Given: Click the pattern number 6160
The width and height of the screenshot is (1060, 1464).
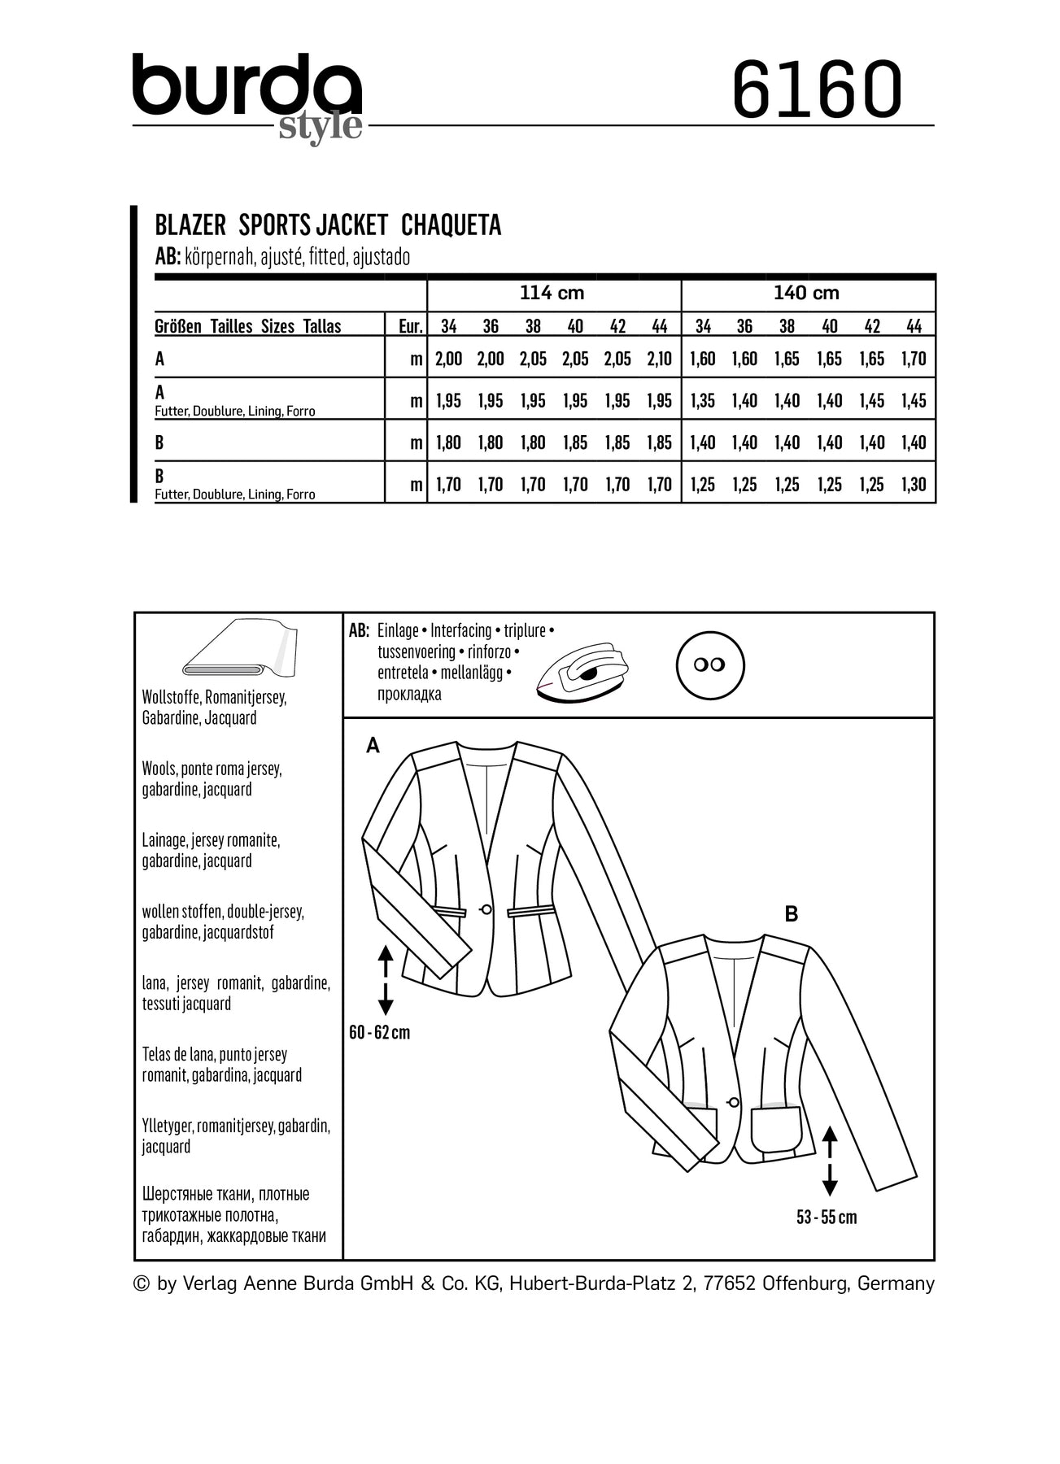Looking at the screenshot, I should [x=817, y=89].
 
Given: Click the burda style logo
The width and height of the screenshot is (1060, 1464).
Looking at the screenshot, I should [x=247, y=96].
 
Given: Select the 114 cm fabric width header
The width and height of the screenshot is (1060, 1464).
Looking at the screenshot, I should [x=552, y=293].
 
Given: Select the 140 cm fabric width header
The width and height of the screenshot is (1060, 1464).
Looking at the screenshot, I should [x=806, y=293].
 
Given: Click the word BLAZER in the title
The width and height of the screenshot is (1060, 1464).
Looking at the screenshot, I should [x=190, y=225].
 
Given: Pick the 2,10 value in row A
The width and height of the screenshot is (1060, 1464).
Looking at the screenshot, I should [x=659, y=359].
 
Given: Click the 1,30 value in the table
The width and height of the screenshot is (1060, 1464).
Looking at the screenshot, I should [x=914, y=485].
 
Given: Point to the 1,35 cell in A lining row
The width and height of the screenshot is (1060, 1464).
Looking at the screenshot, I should [x=702, y=401].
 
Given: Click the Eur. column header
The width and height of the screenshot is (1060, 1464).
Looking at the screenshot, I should [x=410, y=327].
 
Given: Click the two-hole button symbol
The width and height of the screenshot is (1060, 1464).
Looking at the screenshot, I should [x=710, y=665].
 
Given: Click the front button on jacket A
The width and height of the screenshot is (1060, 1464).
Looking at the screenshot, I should [x=487, y=909].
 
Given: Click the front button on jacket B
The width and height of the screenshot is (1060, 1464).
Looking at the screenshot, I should [x=734, y=1102].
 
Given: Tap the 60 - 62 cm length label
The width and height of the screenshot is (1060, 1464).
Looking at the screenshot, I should [x=379, y=1033].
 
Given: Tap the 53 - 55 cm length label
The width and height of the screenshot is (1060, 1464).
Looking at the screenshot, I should [x=827, y=1218].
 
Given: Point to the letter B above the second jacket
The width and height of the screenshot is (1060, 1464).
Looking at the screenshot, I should [x=792, y=914].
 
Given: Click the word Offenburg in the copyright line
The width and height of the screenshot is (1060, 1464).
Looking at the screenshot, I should [x=805, y=1283].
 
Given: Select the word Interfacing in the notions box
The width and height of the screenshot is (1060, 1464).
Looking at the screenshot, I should [x=460, y=631].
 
